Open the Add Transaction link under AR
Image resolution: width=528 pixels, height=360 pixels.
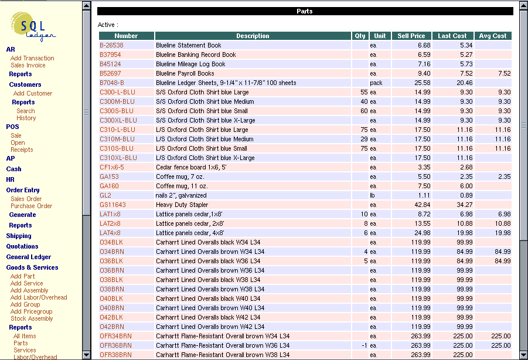pyautogui.click(x=32, y=58)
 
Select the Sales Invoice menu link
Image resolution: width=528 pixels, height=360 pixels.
pyautogui.click(x=28, y=65)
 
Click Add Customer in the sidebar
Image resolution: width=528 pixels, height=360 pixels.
pyautogui.click(x=33, y=93)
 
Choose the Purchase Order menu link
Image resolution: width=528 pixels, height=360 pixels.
pyautogui.click(x=31, y=206)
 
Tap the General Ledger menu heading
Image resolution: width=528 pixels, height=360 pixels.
pyautogui.click(x=28, y=257)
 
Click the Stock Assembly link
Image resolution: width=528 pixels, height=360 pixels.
pyautogui.click(x=32, y=318)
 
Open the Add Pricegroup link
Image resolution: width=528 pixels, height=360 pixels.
pyautogui.click(x=32, y=311)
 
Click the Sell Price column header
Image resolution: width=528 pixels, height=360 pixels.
pyautogui.click(x=411, y=36)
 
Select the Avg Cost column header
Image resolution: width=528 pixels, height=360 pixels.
pyautogui.click(x=492, y=36)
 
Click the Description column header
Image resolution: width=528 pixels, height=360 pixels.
pyautogui.click(x=253, y=36)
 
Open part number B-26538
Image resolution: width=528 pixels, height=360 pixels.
pyautogui.click(x=111, y=45)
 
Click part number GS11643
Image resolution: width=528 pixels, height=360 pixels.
pyautogui.click(x=113, y=205)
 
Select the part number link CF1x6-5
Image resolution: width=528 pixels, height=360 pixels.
pyautogui.click(x=112, y=167)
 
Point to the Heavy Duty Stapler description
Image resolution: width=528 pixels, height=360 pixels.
pyautogui.click(x=182, y=205)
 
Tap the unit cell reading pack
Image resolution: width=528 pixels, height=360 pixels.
pyautogui.click(x=376, y=83)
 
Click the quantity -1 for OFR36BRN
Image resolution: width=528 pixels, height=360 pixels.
pyautogui.click(x=364, y=345)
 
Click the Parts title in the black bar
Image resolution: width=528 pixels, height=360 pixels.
pyautogui.click(x=305, y=11)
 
